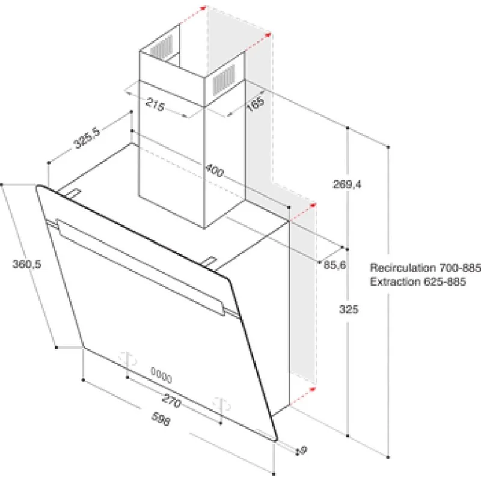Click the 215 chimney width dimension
[155, 106]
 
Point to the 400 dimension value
[213, 170]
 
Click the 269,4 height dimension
[347, 185]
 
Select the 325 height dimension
[348, 310]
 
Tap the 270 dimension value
[173, 398]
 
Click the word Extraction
[392, 281]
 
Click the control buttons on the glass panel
[161, 378]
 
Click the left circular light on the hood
[126, 357]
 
